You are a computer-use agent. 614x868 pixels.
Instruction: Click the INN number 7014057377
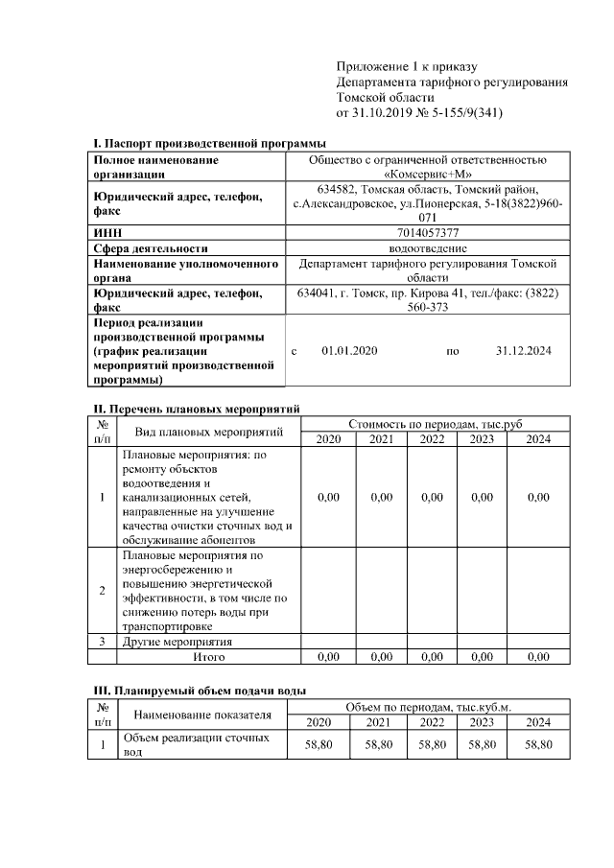[427, 233]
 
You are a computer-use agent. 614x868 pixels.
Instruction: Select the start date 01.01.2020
[349, 351]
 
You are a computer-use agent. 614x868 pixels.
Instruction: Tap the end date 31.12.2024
[523, 351]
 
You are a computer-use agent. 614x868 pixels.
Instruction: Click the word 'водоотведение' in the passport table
[427, 247]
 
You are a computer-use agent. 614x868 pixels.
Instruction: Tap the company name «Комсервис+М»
[427, 175]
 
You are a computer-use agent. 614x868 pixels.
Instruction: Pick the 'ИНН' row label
[106, 233]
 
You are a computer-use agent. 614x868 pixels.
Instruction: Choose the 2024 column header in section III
[538, 722]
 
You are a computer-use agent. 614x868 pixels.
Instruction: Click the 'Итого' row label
[208, 657]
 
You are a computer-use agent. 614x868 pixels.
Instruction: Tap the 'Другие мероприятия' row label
[178, 642]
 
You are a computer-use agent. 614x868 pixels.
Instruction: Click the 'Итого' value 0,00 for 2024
[538, 657]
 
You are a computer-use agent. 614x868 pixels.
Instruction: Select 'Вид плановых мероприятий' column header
[208, 432]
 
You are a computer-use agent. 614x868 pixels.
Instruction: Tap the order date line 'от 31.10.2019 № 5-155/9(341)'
[419, 113]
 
